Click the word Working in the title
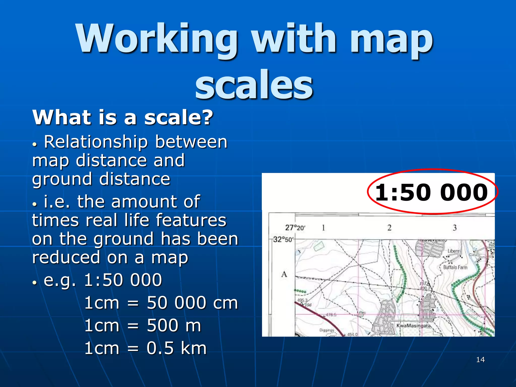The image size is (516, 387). pyautogui.click(x=156, y=39)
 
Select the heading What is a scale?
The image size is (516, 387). pyautogui.click(x=123, y=117)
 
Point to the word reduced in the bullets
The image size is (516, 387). pyautogui.click(x=66, y=258)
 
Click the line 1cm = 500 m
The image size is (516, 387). pyautogui.click(x=143, y=326)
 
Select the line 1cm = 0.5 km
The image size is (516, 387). pyautogui.click(x=145, y=348)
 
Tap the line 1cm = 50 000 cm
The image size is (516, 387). pyautogui.click(x=161, y=303)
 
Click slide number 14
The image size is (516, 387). pyautogui.click(x=480, y=360)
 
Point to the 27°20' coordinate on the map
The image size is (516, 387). pyautogui.click(x=295, y=228)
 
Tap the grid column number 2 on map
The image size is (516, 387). pyautogui.click(x=389, y=228)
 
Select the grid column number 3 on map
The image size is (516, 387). pyautogui.click(x=455, y=228)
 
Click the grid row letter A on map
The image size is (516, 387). pyautogui.click(x=284, y=274)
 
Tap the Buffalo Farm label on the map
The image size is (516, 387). pyautogui.click(x=455, y=267)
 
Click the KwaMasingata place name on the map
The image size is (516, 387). pyautogui.click(x=413, y=326)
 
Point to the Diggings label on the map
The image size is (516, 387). pyautogui.click(x=327, y=330)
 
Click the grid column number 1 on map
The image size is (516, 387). pyautogui.click(x=323, y=228)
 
